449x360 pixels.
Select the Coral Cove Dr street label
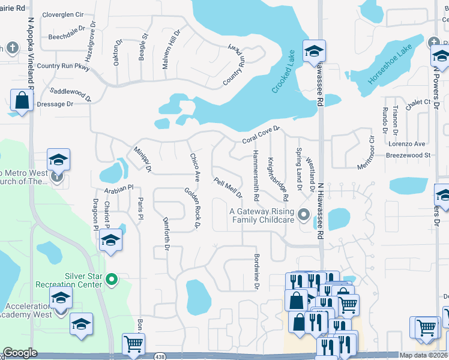(261, 133)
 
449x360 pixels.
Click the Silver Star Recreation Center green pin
(110, 279)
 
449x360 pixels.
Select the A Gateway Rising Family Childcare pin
(304, 214)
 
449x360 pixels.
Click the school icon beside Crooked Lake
(313, 51)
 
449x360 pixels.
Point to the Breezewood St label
(409, 155)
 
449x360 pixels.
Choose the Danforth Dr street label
(166, 230)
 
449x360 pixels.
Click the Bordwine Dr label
(256, 275)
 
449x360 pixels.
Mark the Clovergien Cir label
(62, 14)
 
